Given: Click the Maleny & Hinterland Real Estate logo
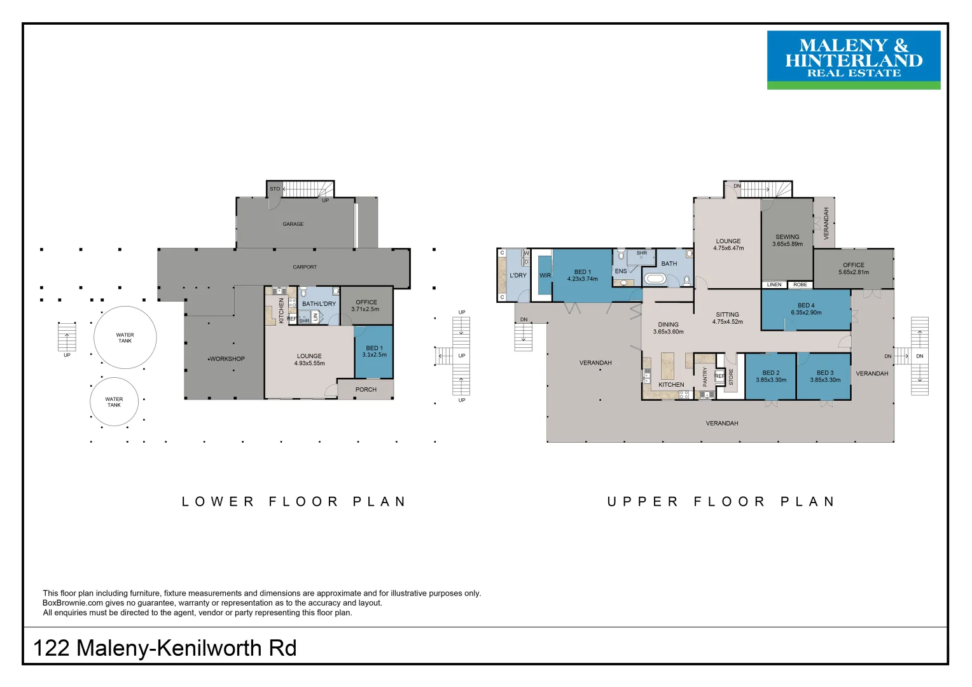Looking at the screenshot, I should coord(853,60).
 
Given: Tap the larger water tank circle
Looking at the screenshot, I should coord(125,338).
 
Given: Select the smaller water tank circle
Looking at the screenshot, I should coord(114,402).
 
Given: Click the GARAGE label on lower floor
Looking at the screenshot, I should coord(293,224).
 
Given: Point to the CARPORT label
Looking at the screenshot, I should coord(305,267).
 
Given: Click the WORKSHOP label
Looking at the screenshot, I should coord(227,359).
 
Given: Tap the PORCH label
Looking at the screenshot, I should coord(366,389).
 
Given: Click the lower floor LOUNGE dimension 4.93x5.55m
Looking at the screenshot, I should coord(309,364).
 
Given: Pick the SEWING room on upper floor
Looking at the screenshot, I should coord(788,240).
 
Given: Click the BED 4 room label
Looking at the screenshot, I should coord(806,305).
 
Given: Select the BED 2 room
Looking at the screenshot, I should coord(770,377).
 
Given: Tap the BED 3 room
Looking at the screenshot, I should coord(825,377).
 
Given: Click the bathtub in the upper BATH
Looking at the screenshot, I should coord(654,279).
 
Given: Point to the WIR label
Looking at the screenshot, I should coord(545,275).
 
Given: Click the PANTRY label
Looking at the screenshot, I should coord(705,377).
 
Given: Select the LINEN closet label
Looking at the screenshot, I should coord(774,285).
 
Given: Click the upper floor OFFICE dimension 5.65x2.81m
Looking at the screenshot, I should coord(854,272).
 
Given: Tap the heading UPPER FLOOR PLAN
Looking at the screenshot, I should coord(721,502).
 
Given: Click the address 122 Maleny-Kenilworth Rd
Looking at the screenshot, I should coord(165,648).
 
